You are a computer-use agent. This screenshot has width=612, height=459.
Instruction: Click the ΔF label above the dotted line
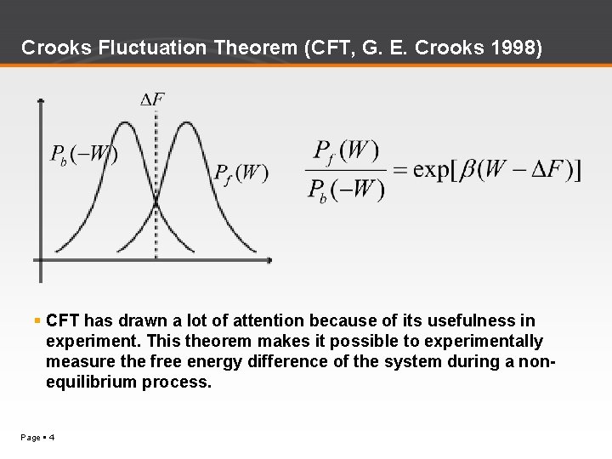click(x=153, y=99)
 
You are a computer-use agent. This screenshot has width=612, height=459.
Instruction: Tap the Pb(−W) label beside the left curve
click(x=83, y=155)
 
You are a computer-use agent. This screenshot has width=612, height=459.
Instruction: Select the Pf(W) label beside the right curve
click(x=241, y=173)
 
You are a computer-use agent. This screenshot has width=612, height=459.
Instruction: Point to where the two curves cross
click(x=156, y=202)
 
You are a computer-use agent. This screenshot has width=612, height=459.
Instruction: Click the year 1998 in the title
click(x=512, y=48)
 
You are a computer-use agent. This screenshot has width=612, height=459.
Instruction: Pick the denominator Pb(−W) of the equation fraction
click(x=344, y=188)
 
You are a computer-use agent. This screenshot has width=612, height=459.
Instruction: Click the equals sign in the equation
click(x=400, y=169)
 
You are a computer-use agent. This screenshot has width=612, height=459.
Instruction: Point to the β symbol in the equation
click(x=469, y=170)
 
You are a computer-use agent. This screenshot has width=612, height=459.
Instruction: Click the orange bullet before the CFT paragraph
click(x=37, y=320)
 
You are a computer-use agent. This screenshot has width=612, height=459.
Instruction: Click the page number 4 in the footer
click(x=52, y=437)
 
